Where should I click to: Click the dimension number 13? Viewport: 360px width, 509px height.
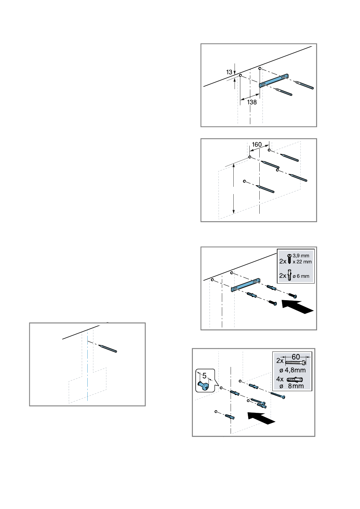(x=229, y=72)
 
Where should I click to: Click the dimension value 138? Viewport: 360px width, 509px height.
(x=252, y=102)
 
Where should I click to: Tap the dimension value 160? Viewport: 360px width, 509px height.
(x=257, y=144)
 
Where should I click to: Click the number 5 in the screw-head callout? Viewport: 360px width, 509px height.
(x=204, y=376)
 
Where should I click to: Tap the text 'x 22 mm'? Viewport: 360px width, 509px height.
(x=302, y=261)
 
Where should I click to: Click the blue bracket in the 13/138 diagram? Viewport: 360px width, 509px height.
(x=274, y=80)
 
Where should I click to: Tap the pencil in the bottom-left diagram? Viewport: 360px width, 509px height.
(x=108, y=349)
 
